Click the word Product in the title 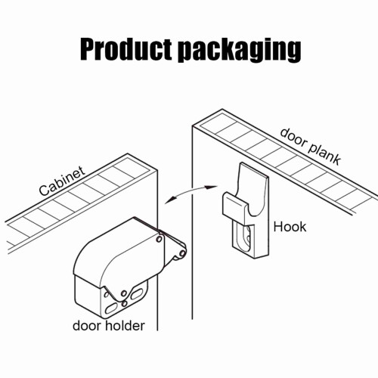tap(126, 48)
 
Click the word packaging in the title tap(240, 51)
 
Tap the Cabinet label tap(62, 181)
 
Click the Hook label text tap(290, 227)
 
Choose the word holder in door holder tap(125, 326)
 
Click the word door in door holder tap(88, 326)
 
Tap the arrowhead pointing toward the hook tap(210, 187)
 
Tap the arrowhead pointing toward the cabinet tap(170, 200)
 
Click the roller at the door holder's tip tap(183, 253)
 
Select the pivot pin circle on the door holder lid tap(159, 238)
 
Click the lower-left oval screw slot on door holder tap(111, 308)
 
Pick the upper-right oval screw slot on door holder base tap(137, 294)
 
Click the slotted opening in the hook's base tap(244, 237)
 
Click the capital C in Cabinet tap(44, 191)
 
